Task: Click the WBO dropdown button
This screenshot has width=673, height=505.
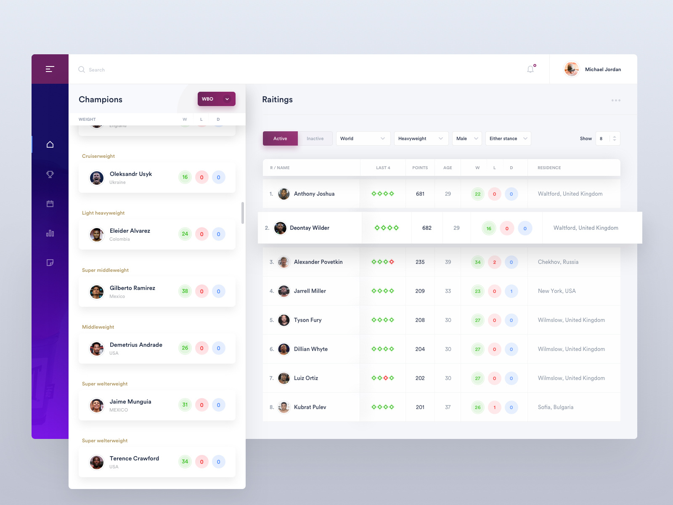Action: [x=216, y=99]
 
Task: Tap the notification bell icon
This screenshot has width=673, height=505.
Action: [x=530, y=69]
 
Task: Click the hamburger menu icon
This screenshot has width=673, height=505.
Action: [x=50, y=69]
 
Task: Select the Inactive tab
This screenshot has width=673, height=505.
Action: [x=315, y=138]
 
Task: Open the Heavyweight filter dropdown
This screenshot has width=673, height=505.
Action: [x=420, y=138]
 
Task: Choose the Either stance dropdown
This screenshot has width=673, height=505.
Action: [x=508, y=138]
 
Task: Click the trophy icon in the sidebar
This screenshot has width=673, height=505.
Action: [x=50, y=174]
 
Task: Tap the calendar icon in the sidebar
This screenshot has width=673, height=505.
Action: [x=50, y=204]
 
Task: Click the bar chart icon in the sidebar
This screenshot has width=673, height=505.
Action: [x=50, y=233]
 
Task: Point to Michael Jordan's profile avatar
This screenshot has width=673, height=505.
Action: [x=571, y=69]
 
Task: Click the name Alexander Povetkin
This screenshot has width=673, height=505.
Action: [x=318, y=262]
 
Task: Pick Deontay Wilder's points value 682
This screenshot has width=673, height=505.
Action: [x=427, y=228]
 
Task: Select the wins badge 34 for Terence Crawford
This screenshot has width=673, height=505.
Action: [x=185, y=462]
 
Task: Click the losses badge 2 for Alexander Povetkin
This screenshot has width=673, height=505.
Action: [x=494, y=262]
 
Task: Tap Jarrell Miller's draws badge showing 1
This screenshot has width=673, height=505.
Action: [x=511, y=291]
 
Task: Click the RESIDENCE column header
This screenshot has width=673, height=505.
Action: [x=549, y=167]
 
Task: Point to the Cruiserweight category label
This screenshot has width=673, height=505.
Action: [x=98, y=156]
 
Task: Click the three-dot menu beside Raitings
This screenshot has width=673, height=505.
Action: [x=616, y=100]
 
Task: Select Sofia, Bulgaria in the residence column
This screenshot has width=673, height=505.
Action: [x=555, y=407]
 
